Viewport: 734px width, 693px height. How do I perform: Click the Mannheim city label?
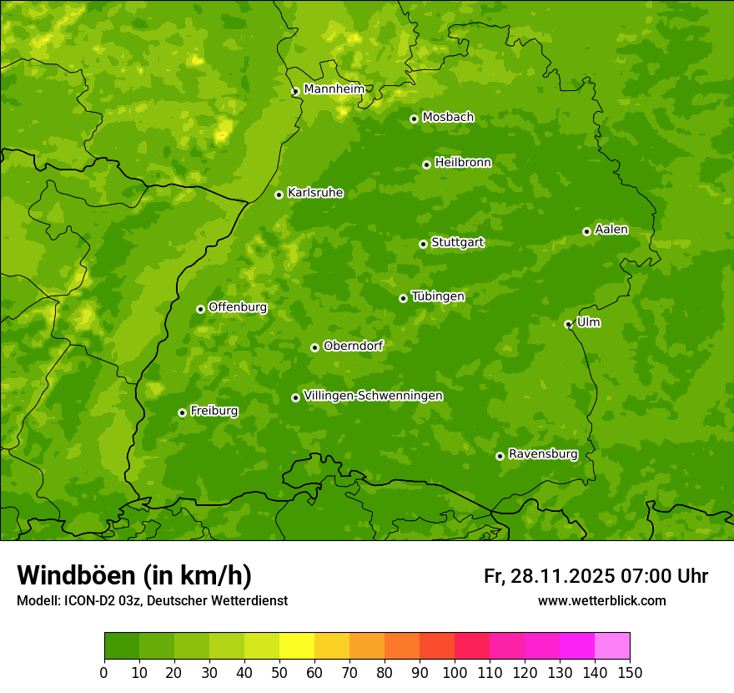pyautogui.click(x=333, y=89)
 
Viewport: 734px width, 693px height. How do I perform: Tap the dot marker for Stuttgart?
pyautogui.click(x=423, y=244)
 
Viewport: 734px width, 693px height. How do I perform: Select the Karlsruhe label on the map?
pyautogui.click(x=314, y=193)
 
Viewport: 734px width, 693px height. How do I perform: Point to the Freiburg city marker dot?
pyautogui.click(x=182, y=412)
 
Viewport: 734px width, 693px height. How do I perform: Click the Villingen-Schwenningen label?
pyautogui.click(x=373, y=396)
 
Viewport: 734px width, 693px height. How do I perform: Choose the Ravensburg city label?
pyautogui.click(x=542, y=454)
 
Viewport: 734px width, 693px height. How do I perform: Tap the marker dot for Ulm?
pyautogui.click(x=568, y=324)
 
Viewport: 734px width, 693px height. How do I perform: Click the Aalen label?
pyautogui.click(x=611, y=230)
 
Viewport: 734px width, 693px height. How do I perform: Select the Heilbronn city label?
pyautogui.click(x=463, y=163)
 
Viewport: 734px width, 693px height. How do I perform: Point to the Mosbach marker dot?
pyautogui.click(x=414, y=119)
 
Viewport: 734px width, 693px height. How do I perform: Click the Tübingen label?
pyautogui.click(x=438, y=296)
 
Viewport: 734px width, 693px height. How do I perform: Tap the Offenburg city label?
pyautogui.click(x=238, y=307)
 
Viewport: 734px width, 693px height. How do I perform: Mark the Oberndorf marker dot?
pyautogui.click(x=314, y=347)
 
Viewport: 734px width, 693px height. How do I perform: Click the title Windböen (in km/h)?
pyautogui.click(x=134, y=575)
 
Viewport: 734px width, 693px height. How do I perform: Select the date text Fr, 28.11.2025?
pyautogui.click(x=548, y=576)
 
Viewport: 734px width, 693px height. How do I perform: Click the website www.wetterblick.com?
pyautogui.click(x=601, y=600)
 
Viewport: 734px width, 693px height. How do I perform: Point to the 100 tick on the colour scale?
pyautogui.click(x=455, y=672)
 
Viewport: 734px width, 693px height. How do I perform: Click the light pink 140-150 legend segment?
pyautogui.click(x=612, y=645)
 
